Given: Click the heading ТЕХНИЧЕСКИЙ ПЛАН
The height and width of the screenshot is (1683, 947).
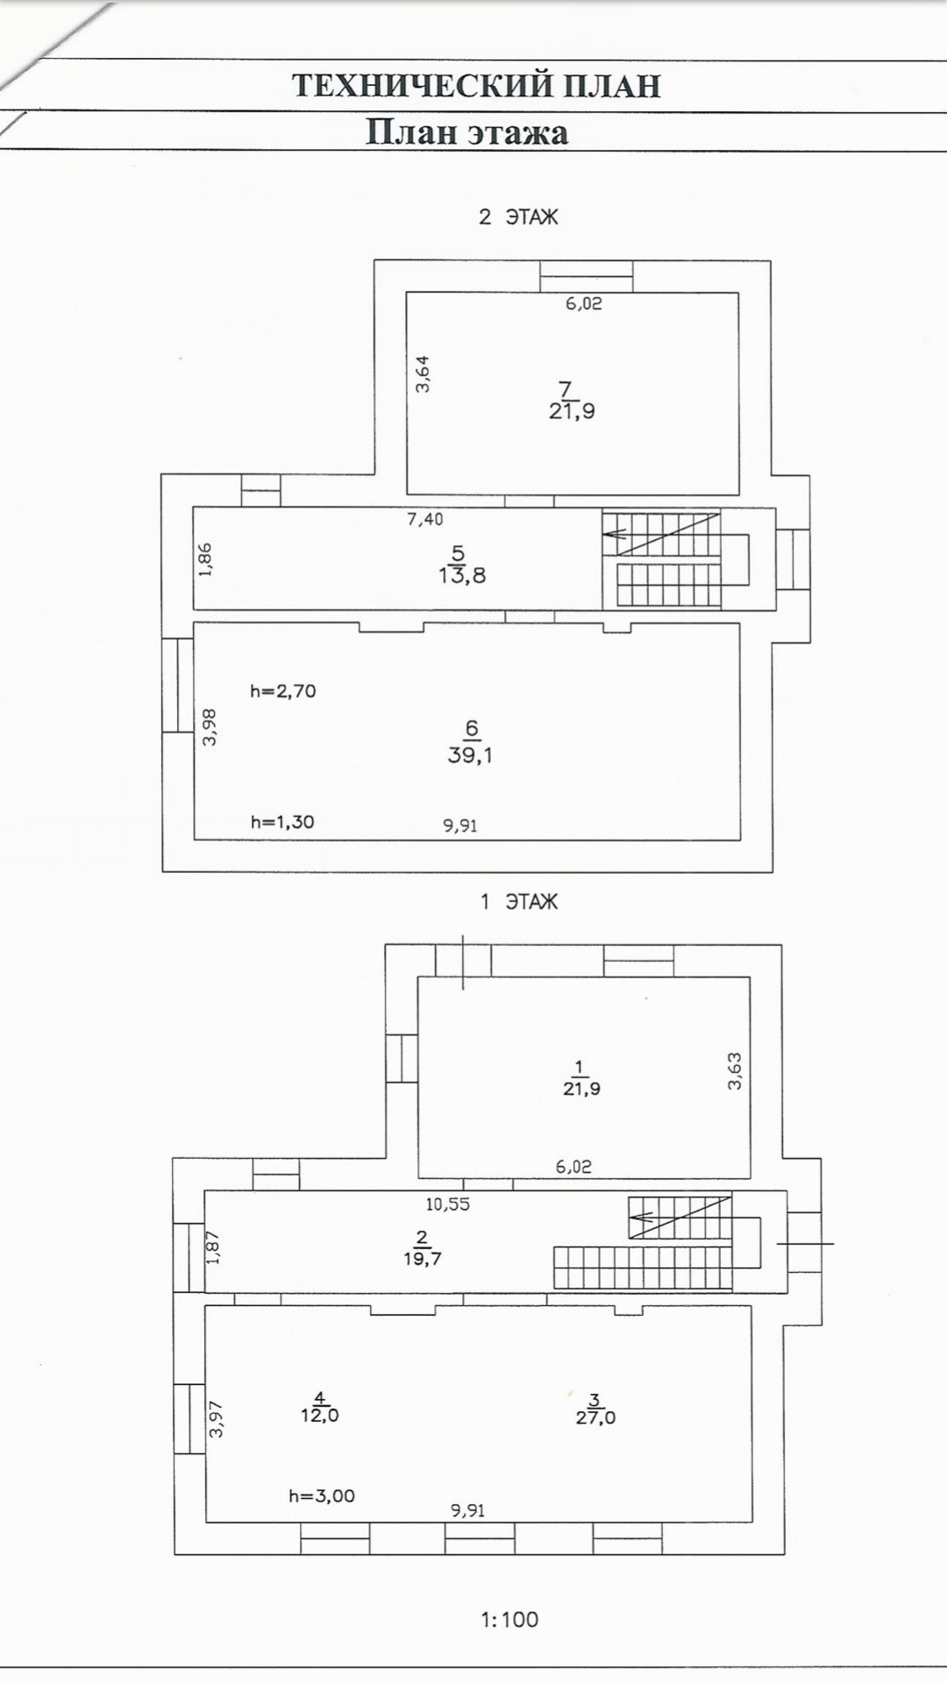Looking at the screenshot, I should (x=476, y=86).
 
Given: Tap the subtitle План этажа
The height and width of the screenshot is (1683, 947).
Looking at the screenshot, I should (x=466, y=132).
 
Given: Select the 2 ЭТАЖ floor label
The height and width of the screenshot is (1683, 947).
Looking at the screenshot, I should (x=518, y=217).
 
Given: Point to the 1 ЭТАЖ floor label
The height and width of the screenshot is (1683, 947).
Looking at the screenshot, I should (x=519, y=902).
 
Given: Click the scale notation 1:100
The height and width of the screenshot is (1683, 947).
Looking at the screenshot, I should (x=509, y=1619).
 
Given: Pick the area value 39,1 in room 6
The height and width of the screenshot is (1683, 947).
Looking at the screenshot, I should (x=470, y=755).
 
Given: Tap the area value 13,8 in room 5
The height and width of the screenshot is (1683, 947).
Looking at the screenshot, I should (x=462, y=576).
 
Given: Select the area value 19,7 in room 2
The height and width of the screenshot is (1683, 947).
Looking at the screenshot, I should (x=422, y=1259).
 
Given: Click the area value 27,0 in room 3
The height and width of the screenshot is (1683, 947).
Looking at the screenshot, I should (x=595, y=1417).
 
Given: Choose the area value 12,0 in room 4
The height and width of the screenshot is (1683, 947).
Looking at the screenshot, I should (x=320, y=1416).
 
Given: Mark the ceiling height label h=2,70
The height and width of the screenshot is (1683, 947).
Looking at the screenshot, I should (x=282, y=691).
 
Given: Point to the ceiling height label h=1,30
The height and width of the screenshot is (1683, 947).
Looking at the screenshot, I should (x=282, y=822).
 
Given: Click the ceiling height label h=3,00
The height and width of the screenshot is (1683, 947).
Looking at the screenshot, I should (x=322, y=1496).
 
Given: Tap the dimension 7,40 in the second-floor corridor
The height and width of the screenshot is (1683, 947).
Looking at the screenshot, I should (x=425, y=519).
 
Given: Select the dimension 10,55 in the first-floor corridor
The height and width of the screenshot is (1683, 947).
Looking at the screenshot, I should (x=447, y=1204).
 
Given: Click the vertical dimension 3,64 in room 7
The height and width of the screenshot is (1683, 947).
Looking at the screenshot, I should (x=423, y=373).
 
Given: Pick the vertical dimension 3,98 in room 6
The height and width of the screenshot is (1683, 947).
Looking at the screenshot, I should (x=209, y=727).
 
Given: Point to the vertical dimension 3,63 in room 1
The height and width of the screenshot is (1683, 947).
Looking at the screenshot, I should (x=735, y=1070).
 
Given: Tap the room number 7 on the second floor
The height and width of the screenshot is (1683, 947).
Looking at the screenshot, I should (x=566, y=388).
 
